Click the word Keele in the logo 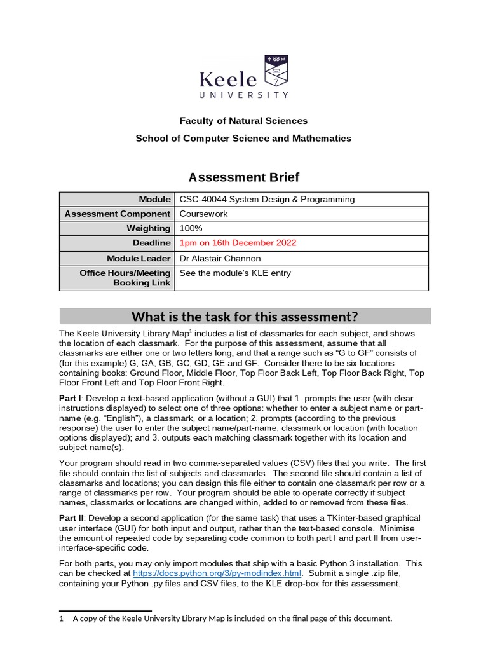[x=228, y=79]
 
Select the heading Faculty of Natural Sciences [x=243, y=120]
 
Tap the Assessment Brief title [x=243, y=177]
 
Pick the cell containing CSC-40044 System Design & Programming [x=268, y=199]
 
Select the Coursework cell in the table [x=203, y=214]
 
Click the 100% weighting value [x=191, y=228]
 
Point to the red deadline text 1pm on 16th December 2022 [x=238, y=243]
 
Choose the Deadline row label [x=151, y=243]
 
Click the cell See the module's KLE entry [x=235, y=273]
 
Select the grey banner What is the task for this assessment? [x=245, y=317]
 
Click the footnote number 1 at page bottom [x=61, y=619]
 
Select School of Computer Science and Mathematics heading [x=243, y=138]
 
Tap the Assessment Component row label [x=118, y=214]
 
